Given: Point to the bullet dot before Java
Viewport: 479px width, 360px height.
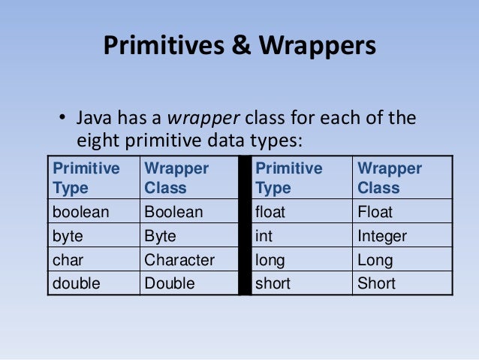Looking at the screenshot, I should pyautogui.click(x=64, y=119).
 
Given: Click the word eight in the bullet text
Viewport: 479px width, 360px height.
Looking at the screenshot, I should pyautogui.click(x=98, y=141).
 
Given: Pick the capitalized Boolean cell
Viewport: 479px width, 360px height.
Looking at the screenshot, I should pyautogui.click(x=173, y=212).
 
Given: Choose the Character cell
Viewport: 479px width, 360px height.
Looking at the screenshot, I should pyautogui.click(x=179, y=260).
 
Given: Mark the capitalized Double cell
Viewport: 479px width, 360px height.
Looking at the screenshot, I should pyautogui.click(x=170, y=283).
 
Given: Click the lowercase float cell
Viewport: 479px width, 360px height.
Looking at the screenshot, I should pyautogui.click(x=270, y=212).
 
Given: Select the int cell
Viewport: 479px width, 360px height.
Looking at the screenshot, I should pyautogui.click(x=264, y=236).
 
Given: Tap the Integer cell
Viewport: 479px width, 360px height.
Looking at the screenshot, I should pyautogui.click(x=382, y=236).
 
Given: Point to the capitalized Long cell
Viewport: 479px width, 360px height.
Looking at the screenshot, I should pyautogui.click(x=375, y=260).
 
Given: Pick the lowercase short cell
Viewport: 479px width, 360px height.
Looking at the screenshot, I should pyautogui.click(x=273, y=283).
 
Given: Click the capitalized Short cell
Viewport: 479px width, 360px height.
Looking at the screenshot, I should pyautogui.click(x=376, y=283).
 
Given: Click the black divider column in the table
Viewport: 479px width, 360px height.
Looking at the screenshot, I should pyautogui.click(x=244, y=225).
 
